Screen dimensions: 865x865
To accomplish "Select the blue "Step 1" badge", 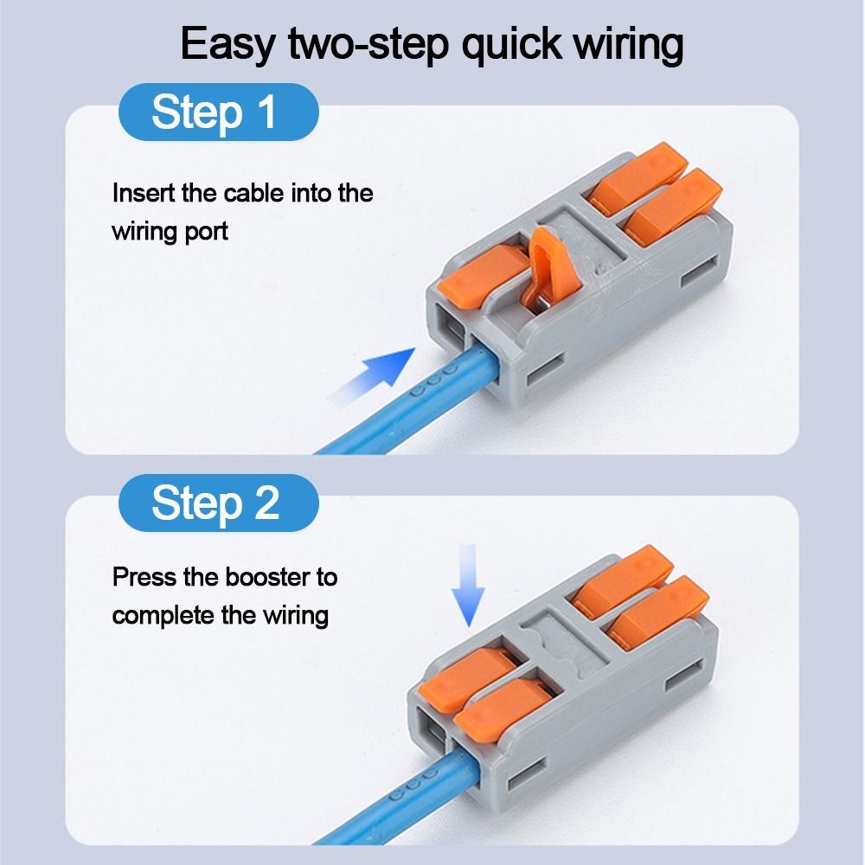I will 216,112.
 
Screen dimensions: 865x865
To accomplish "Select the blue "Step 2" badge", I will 216,503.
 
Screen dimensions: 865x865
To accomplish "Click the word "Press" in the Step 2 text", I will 140,576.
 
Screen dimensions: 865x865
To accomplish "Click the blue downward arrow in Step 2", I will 468,585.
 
